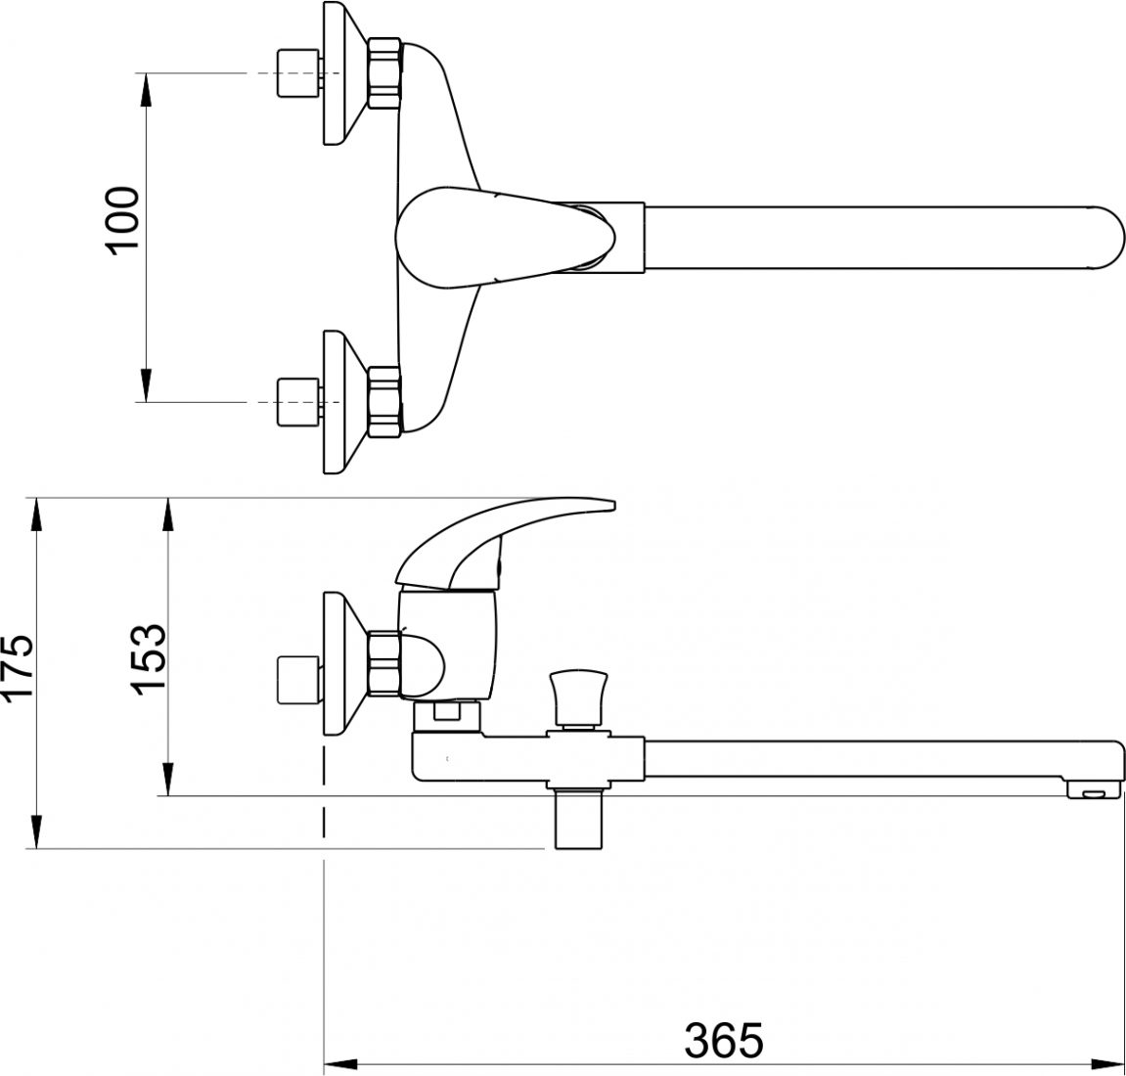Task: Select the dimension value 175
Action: coord(18,665)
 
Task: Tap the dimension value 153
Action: coord(149,657)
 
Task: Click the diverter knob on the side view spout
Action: coord(577,696)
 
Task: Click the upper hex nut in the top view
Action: coord(384,73)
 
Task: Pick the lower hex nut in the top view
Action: coord(384,402)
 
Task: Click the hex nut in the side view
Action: coord(384,665)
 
